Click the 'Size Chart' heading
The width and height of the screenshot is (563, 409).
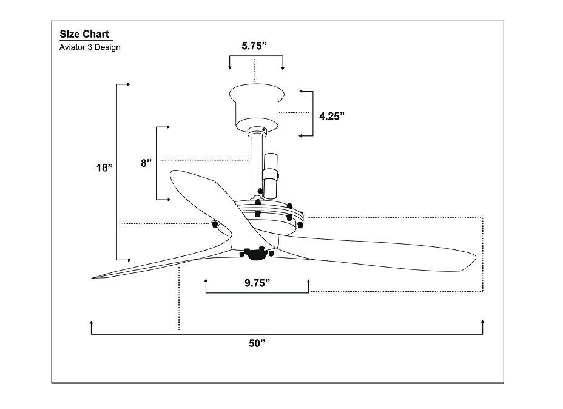[x=84, y=35]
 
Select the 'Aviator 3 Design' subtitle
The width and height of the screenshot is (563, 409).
[x=90, y=47]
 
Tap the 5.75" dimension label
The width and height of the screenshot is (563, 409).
[x=255, y=45]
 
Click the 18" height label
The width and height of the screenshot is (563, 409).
[x=104, y=167]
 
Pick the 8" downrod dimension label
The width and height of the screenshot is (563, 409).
[x=146, y=163]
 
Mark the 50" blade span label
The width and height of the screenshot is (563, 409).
[x=257, y=343]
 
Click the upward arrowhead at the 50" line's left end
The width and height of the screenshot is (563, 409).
[x=91, y=322]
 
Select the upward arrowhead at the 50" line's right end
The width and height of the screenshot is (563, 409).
[x=482, y=322]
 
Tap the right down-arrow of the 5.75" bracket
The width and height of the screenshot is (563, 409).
[x=283, y=68]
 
